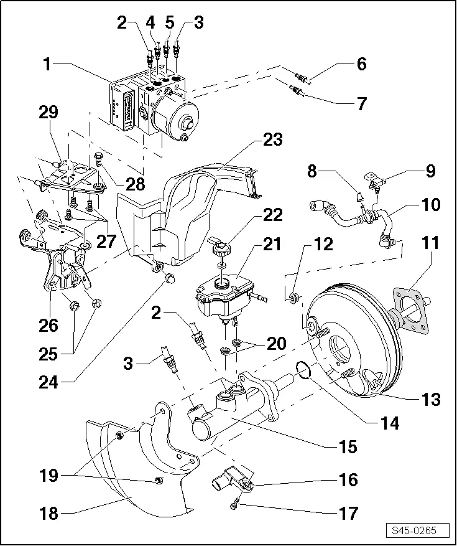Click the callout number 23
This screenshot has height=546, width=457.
click(x=272, y=139)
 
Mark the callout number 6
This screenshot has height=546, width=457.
click(x=361, y=64)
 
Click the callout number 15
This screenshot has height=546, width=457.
click(x=348, y=446)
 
